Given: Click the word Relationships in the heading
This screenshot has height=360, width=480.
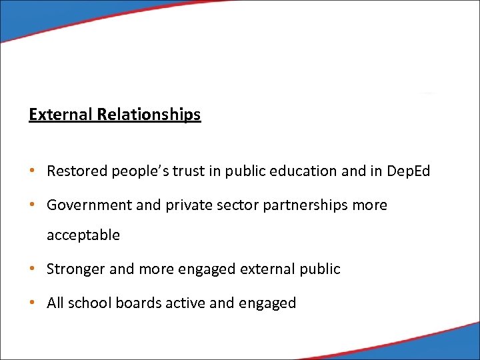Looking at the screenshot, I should tap(149, 115).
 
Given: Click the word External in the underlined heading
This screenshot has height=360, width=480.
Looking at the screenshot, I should tap(61, 115).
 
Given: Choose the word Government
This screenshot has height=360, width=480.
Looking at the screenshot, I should tap(89, 205).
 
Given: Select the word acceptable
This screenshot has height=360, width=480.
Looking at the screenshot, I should tap(83, 235).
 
